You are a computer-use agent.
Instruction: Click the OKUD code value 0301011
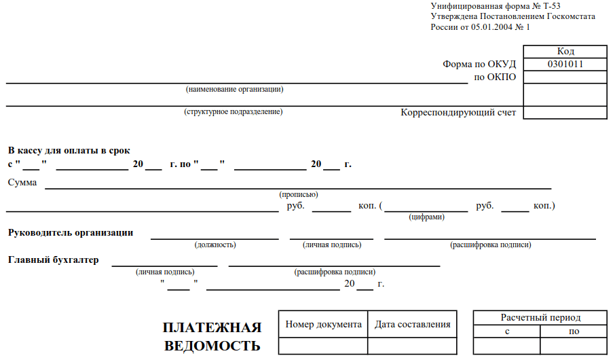point(565,64)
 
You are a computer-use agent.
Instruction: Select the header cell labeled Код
point(565,52)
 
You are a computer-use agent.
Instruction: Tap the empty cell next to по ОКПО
point(565,77)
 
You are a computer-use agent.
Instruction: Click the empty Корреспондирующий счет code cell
point(565,112)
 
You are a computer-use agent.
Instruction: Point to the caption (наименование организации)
point(235,89)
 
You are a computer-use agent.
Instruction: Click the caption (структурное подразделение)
point(234,111)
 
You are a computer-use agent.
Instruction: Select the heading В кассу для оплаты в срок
point(69,150)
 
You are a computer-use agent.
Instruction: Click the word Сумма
point(22,183)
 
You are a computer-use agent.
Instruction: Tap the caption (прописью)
point(299,194)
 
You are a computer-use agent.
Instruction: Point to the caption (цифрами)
point(427,217)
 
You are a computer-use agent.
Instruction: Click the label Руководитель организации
point(71,232)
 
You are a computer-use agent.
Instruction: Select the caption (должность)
point(215,245)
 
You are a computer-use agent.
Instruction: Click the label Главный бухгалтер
point(54,260)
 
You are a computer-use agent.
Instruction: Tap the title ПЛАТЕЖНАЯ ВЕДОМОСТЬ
point(212,336)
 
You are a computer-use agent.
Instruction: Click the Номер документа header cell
point(323,324)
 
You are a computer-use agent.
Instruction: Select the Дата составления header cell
point(412,324)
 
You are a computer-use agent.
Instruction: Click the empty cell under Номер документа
point(323,346)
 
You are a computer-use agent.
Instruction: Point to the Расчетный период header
point(540,318)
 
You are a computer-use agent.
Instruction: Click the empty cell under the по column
point(574,346)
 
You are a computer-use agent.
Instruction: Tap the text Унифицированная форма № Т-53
point(496,6)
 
